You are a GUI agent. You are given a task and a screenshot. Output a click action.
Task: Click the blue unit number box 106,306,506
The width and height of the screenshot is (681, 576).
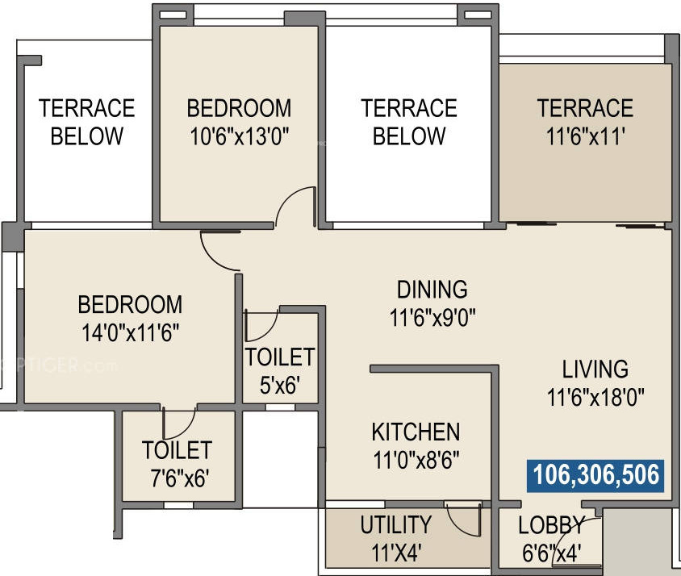click(x=596, y=476)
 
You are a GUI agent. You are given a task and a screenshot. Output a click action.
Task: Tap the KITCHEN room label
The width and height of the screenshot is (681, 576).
click(x=416, y=432)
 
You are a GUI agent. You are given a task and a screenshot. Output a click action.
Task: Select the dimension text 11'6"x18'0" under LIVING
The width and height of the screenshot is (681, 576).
click(x=596, y=398)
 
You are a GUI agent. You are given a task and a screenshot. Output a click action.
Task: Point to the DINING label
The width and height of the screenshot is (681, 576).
click(x=432, y=289)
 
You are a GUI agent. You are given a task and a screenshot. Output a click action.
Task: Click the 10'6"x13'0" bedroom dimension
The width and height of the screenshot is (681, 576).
click(x=239, y=136)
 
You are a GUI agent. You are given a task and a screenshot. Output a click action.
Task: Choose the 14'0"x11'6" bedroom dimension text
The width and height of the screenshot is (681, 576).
click(x=129, y=332)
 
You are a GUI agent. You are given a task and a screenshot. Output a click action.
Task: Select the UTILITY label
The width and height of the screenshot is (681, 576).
click(x=395, y=525)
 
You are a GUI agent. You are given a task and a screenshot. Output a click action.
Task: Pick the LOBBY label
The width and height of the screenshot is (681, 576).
click(x=551, y=526)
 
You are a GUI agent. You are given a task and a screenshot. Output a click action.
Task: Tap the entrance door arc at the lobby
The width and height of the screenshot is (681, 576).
click(x=591, y=536)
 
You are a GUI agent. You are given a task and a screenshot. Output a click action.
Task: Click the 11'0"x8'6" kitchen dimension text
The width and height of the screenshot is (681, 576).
click(x=416, y=461)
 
